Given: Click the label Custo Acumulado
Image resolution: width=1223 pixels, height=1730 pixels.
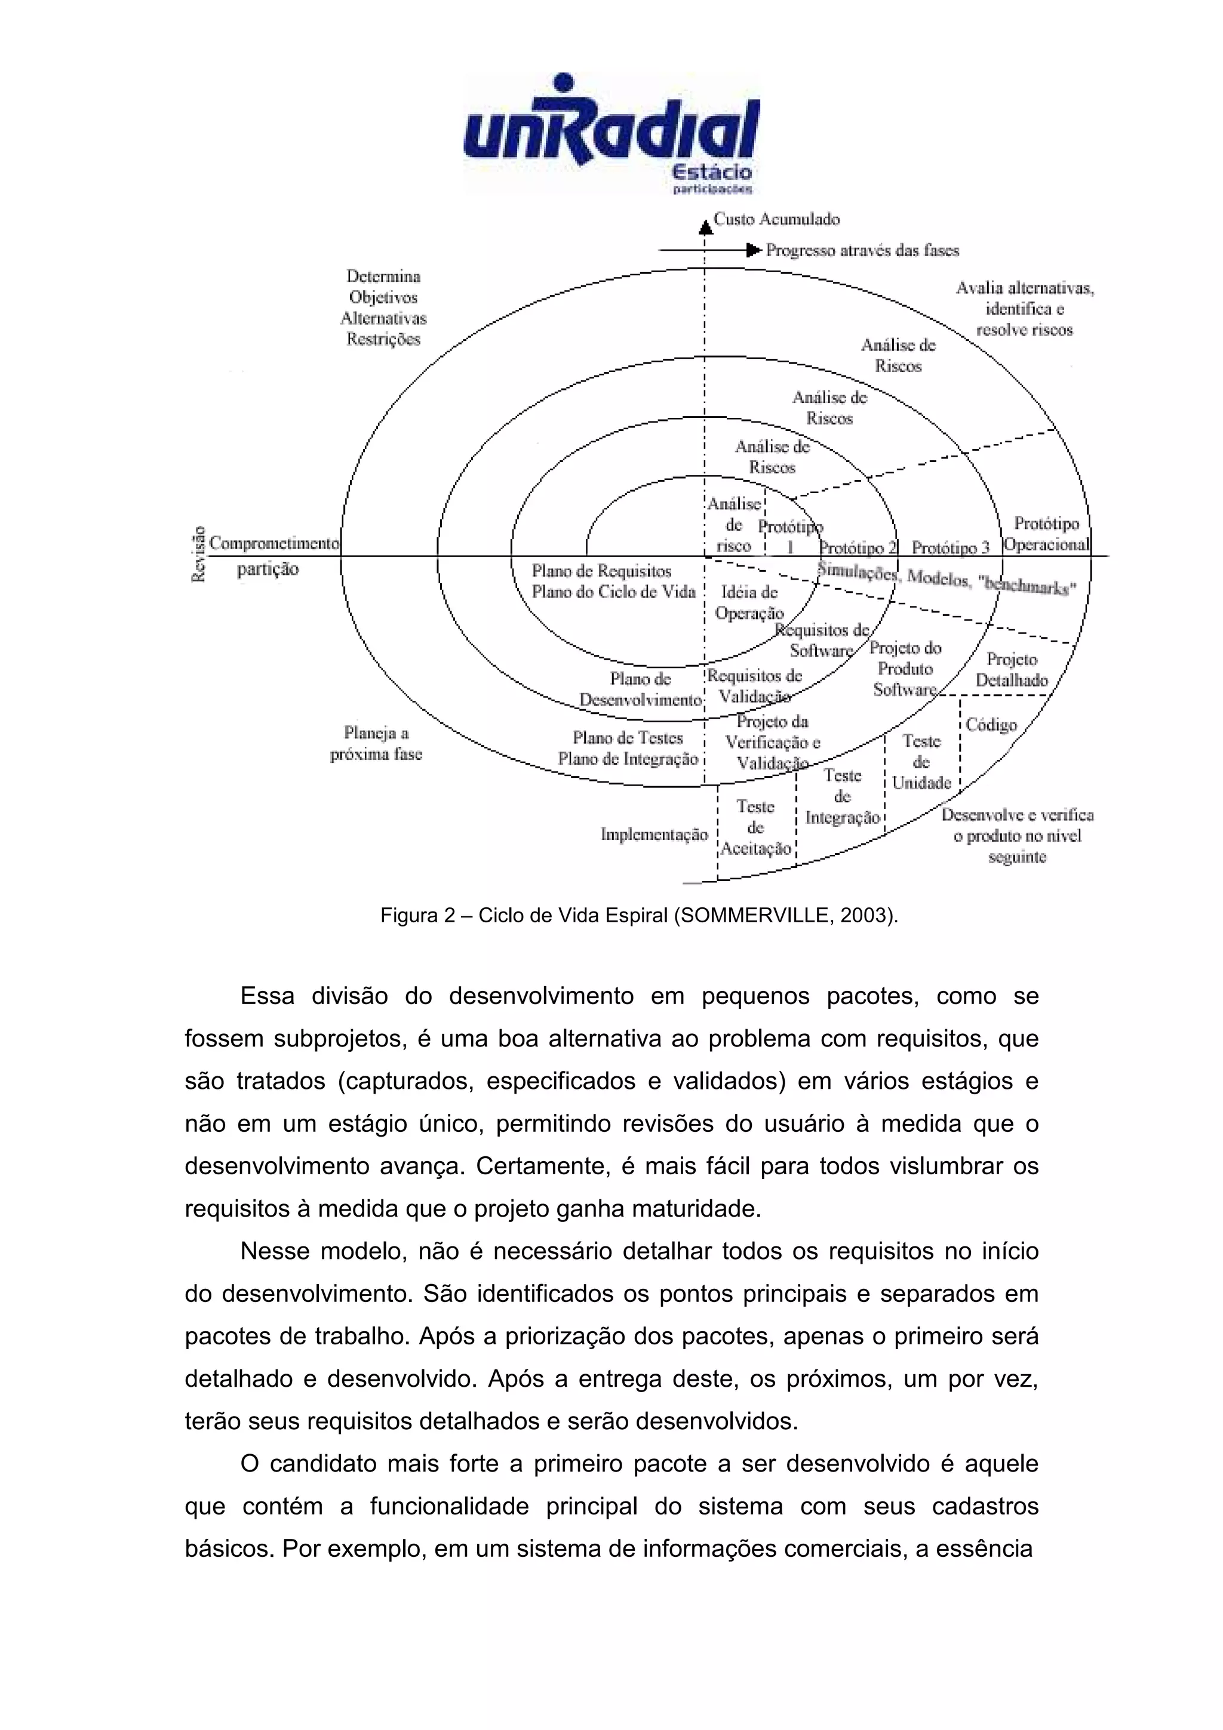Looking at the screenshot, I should coord(776,219).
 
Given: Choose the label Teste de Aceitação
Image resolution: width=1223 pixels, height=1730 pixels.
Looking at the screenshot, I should coord(756,828).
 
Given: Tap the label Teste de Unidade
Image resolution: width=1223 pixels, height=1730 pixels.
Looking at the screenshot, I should coord(921,762).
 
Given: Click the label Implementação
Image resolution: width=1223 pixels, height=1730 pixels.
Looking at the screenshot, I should coord(654,834).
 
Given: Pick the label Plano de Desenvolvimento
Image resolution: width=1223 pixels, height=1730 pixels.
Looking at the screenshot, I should coord(641,689).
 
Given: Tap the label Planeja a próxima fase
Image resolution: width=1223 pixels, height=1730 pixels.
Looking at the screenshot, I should coord(376,743).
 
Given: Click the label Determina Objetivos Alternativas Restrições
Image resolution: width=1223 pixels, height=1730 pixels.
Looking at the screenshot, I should coord(383,307).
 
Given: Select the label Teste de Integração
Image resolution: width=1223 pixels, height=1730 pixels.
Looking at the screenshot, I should coord(843,796).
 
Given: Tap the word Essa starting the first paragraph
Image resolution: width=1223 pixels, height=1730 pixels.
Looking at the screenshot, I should coord(267,996).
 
